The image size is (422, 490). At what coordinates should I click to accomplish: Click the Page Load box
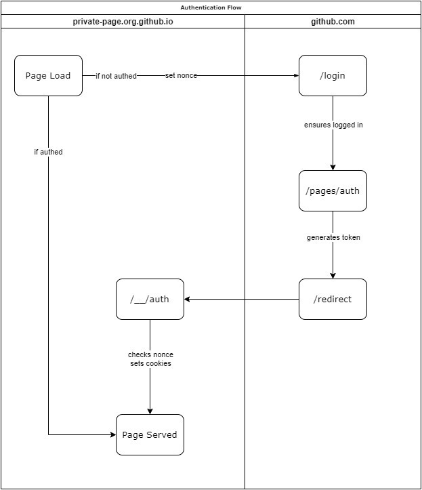pyautogui.click(x=48, y=76)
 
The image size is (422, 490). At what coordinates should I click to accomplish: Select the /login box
pyautogui.click(x=333, y=76)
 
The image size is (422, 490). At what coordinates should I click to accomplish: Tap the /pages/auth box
pyautogui.click(x=333, y=190)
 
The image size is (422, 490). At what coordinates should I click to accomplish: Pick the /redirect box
pyautogui.click(x=333, y=299)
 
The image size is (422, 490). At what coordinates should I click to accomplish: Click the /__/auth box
pyautogui.click(x=150, y=299)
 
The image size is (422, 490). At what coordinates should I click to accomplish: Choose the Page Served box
pyautogui.click(x=150, y=434)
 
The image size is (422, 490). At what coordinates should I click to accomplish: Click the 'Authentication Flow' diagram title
pyautogui.click(x=211, y=7)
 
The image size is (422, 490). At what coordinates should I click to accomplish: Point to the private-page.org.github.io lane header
pyautogui.click(x=123, y=22)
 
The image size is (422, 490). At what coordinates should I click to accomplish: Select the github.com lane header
pyautogui.click(x=333, y=22)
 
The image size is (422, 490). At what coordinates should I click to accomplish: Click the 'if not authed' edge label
pyautogui.click(x=117, y=76)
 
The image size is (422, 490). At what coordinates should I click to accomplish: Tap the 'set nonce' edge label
pyautogui.click(x=181, y=76)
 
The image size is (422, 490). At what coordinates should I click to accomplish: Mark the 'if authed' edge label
pyautogui.click(x=48, y=152)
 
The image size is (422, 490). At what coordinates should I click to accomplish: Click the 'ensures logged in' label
pyautogui.click(x=333, y=125)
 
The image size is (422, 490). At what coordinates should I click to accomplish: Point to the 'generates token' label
pyautogui.click(x=333, y=237)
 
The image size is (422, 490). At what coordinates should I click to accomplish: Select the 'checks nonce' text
pyautogui.click(x=150, y=354)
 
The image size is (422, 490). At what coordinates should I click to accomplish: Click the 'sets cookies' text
pyautogui.click(x=150, y=363)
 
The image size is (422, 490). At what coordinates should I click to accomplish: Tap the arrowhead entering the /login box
pyautogui.click(x=296, y=76)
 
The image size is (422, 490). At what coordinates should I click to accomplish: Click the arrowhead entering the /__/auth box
pyautogui.click(x=187, y=299)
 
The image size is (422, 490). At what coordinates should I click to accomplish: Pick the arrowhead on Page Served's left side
pyautogui.click(x=113, y=434)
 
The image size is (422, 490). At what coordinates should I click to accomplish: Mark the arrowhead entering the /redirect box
pyautogui.click(x=333, y=276)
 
